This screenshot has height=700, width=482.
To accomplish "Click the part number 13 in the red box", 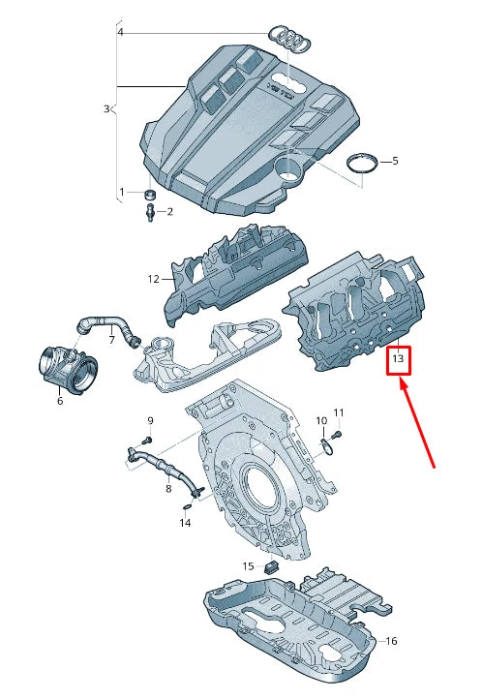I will [399, 362].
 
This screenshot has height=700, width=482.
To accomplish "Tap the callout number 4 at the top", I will [121, 32].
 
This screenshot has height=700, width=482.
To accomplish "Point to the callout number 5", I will [395, 161].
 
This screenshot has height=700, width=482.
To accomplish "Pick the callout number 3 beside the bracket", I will [106, 109].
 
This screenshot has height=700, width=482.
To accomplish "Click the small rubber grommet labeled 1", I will [150, 195].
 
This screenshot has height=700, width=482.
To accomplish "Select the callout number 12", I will [153, 279].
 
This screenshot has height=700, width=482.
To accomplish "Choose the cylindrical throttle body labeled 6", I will [69, 369].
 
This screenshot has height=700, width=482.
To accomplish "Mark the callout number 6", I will [60, 401].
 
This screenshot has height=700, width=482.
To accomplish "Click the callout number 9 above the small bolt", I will [150, 420].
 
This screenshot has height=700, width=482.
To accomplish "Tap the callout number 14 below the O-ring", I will [186, 523].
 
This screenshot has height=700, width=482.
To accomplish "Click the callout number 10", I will [322, 420].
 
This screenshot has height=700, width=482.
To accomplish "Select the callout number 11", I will [339, 413].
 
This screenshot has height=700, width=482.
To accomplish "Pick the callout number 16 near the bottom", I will [391, 641].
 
